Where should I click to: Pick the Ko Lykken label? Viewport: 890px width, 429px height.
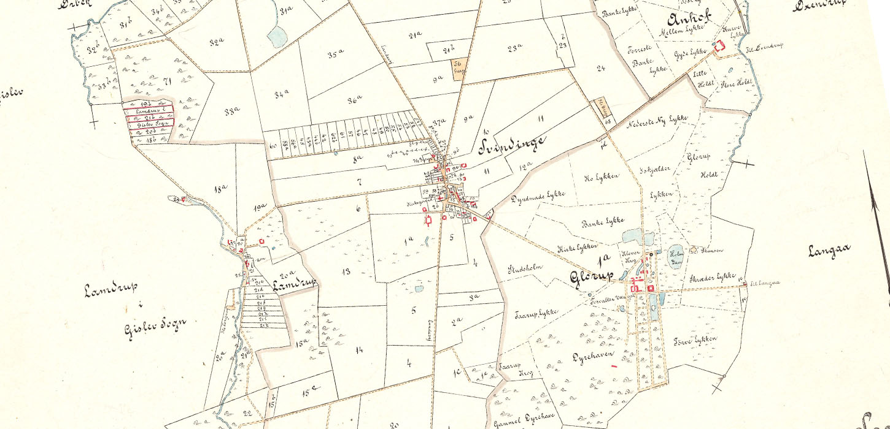tap(600, 178)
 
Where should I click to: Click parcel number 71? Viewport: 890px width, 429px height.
tap(166, 81)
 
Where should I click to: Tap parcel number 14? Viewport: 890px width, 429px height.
tap(360, 350)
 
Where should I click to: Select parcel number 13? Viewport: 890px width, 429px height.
tap(347, 270)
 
